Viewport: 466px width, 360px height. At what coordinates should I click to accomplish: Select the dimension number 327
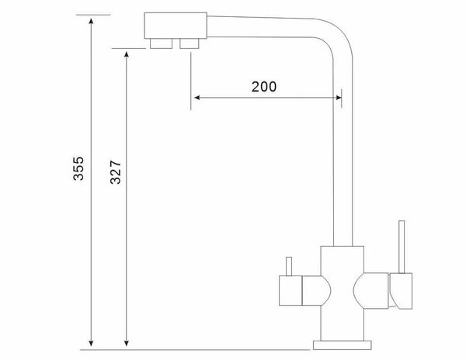[x=115, y=171]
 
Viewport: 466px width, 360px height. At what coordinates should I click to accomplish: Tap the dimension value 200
[x=264, y=86]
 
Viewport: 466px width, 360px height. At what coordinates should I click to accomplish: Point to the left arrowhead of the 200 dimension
[x=197, y=98]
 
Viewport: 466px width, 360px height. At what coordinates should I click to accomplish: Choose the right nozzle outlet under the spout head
[x=189, y=43]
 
